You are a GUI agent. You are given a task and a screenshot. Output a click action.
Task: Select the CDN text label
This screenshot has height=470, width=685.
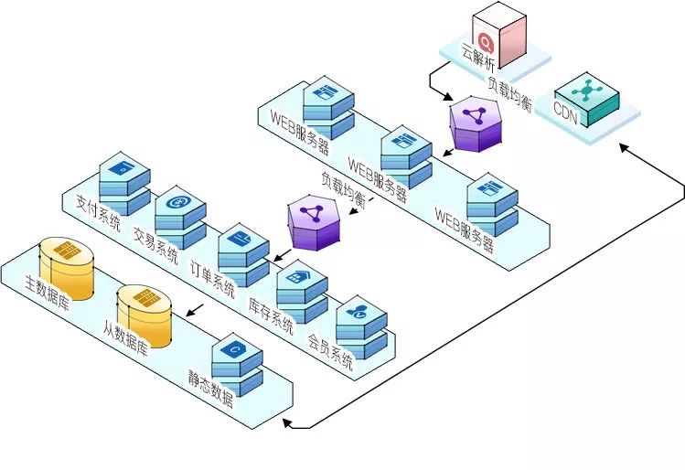(x=566, y=112)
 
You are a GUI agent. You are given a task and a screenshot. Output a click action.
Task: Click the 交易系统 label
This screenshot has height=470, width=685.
(x=155, y=240)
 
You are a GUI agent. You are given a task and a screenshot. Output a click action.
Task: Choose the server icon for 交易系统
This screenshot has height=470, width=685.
(x=180, y=216)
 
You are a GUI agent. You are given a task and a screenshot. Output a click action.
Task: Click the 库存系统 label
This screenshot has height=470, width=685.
(x=272, y=311)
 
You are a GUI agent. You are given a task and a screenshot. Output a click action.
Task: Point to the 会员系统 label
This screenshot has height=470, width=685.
(x=330, y=348)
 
